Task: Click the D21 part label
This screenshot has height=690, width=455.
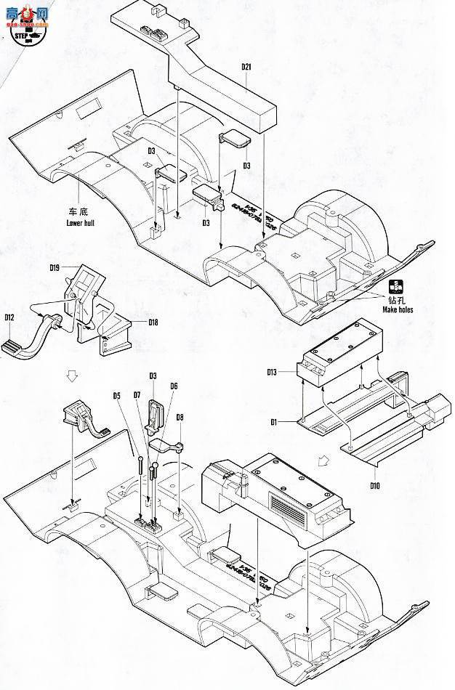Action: click(246, 68)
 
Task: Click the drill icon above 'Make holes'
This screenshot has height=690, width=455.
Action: click(396, 285)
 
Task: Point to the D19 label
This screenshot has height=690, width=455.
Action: click(55, 268)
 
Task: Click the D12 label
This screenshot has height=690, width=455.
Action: click(9, 317)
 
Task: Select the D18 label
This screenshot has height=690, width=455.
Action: click(153, 322)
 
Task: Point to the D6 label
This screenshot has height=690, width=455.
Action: click(174, 386)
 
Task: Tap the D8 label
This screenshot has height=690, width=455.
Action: click(180, 417)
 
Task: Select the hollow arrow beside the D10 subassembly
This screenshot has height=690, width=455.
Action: click(322, 459)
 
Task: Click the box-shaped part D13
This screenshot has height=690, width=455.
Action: click(340, 354)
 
